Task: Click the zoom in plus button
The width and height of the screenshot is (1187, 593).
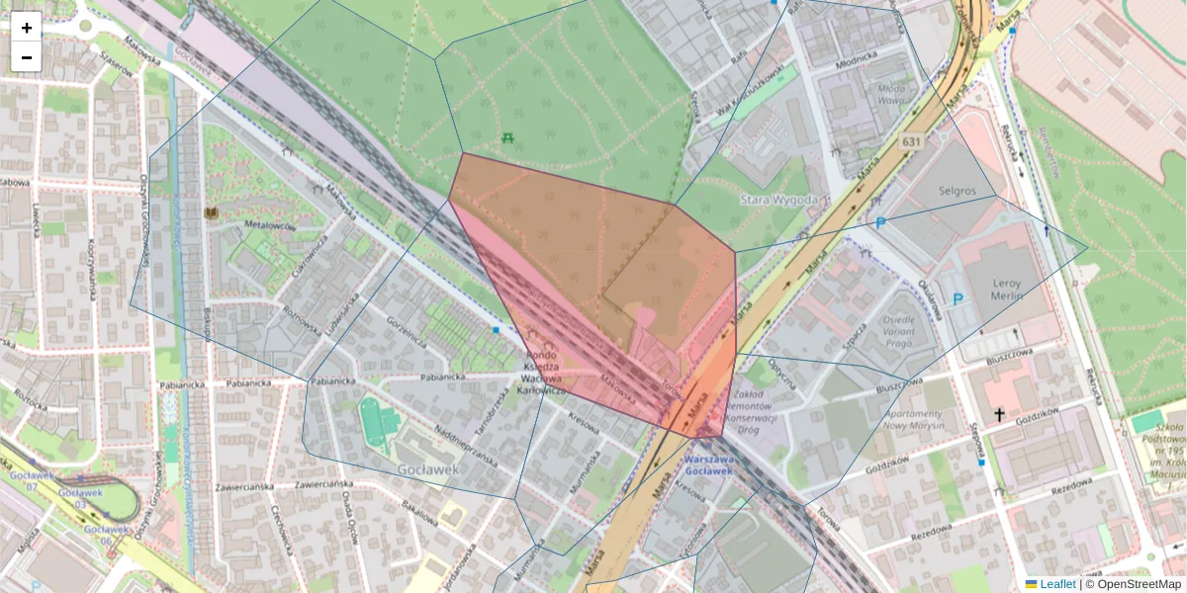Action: pyautogui.click(x=27, y=28)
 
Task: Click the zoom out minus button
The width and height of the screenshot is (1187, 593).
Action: pyautogui.click(x=27, y=57)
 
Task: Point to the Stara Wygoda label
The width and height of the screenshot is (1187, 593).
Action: pyautogui.click(x=778, y=200)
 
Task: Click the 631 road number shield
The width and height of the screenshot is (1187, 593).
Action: pyautogui.click(x=911, y=142)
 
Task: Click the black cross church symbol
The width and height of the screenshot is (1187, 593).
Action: pyautogui.click(x=999, y=415)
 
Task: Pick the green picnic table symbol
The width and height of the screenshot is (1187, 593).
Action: pyautogui.click(x=508, y=137)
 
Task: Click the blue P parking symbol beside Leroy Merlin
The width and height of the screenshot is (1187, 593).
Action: pyautogui.click(x=957, y=298)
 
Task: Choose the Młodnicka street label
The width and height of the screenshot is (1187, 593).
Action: pyautogui.click(x=857, y=60)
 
